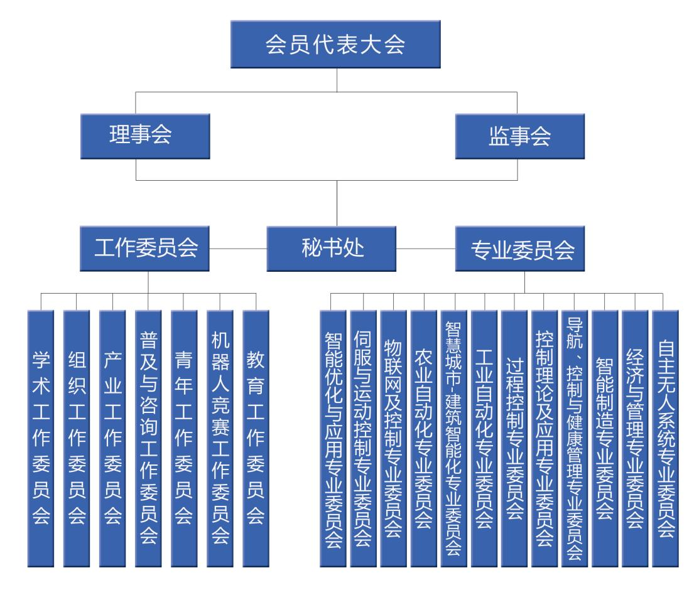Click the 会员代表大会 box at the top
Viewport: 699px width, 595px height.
click(335, 44)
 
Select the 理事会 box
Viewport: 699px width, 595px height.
click(145, 136)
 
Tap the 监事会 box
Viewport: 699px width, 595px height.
click(520, 136)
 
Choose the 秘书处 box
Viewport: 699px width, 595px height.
click(331, 249)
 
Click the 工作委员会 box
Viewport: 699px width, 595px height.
click(144, 249)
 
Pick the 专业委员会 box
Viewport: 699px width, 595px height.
click(520, 249)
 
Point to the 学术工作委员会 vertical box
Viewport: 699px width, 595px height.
click(41, 438)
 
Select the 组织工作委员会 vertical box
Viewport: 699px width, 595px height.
click(76, 438)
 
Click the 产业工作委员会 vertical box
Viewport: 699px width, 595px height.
click(112, 438)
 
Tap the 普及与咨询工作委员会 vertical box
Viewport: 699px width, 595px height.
click(148, 438)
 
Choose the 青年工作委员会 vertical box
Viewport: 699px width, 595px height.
click(184, 438)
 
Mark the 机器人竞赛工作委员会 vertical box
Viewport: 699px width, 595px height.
click(220, 438)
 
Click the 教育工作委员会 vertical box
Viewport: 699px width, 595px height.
click(256, 438)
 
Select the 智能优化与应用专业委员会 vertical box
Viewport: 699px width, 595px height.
click(333, 438)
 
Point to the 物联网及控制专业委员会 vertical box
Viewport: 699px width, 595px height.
click(393, 438)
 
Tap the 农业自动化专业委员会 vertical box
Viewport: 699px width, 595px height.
click(423, 438)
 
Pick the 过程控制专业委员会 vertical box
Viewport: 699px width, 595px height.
click(514, 438)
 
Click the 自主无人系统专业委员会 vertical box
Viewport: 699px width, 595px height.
click(665, 438)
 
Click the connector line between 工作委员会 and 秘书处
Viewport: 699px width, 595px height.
click(238, 249)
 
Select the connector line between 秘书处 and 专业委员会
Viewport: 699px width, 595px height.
click(425, 249)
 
